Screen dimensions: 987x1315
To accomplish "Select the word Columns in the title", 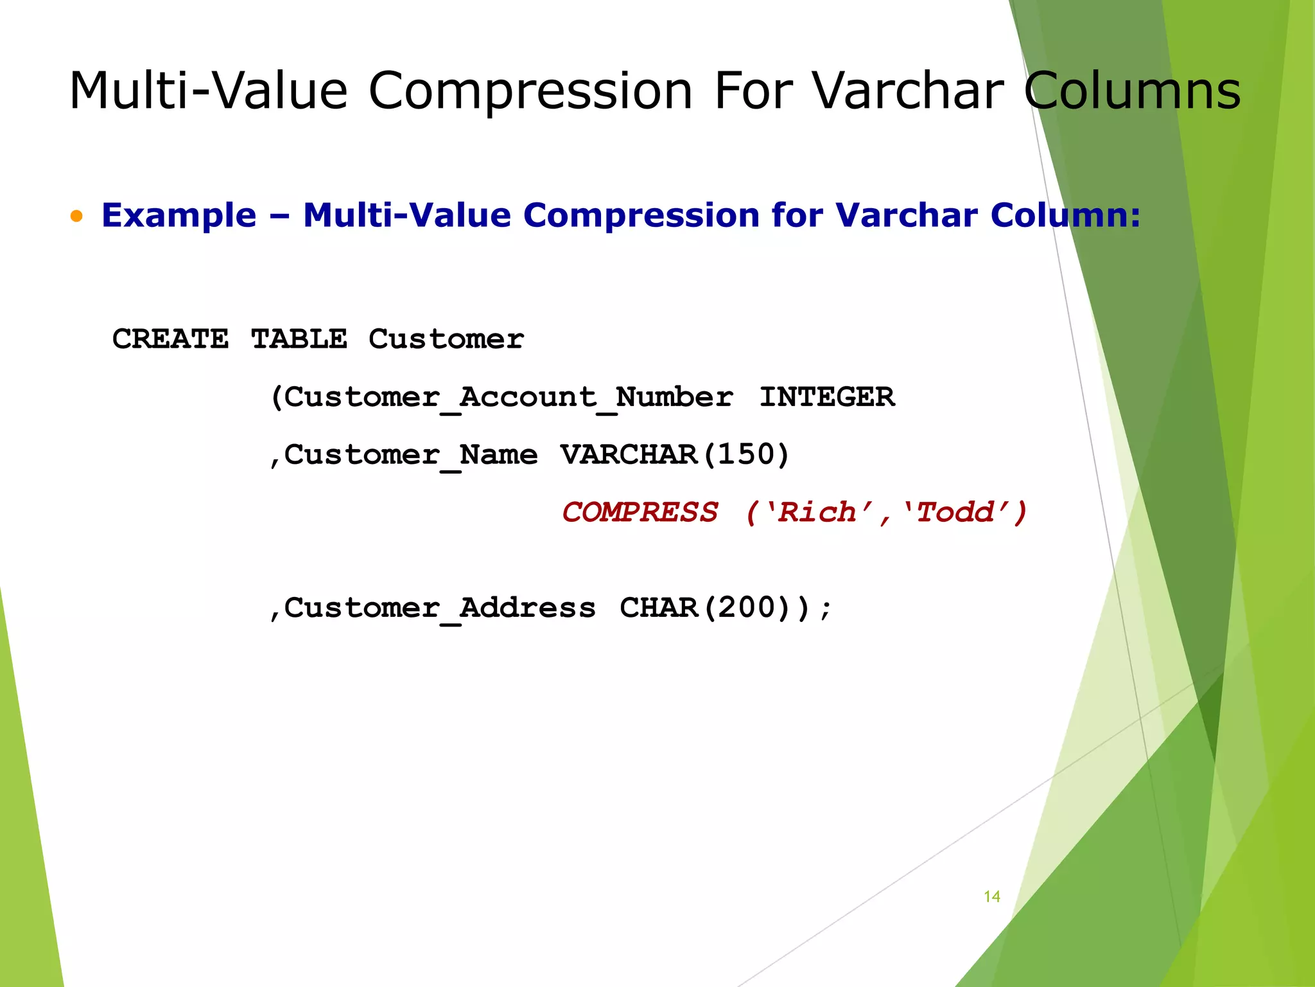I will point(1132,91).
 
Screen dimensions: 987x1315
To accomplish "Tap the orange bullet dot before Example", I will point(77,217).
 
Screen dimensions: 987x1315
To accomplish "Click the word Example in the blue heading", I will point(179,215).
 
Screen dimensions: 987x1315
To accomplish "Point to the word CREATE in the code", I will point(170,339).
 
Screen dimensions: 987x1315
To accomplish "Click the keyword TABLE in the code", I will point(299,339).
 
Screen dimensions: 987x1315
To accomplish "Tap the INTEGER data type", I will point(826,397).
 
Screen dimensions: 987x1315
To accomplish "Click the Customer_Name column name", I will point(410,455).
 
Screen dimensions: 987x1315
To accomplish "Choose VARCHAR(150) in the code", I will point(674,455).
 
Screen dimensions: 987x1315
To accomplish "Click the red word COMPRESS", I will point(640,513).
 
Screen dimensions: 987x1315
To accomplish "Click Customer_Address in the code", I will point(439,608).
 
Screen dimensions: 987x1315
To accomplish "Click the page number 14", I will point(991,896).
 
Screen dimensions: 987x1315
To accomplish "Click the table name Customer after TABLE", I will point(446,339).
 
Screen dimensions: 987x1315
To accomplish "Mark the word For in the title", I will point(753,91).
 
